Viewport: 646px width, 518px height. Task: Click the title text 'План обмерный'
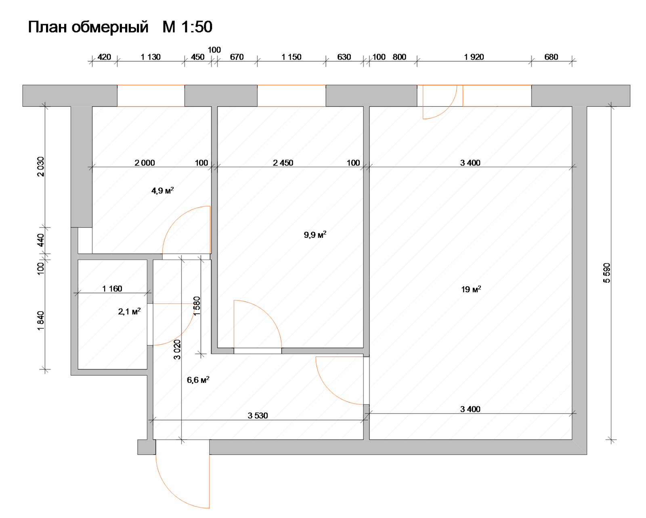88,27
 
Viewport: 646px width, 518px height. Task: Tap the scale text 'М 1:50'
188,27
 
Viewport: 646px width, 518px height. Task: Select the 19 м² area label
471,289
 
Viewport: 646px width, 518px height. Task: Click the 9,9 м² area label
315,235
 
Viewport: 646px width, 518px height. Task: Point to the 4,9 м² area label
162,191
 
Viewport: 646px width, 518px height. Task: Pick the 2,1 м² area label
129,311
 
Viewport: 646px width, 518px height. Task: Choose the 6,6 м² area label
198,380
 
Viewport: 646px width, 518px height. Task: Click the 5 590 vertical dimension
607,273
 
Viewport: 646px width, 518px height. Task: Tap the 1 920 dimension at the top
474,57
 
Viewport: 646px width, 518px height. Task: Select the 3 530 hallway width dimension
258,415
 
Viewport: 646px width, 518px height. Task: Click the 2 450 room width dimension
283,163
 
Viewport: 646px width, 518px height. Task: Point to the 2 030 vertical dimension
40,167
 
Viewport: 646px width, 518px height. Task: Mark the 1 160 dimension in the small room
112,289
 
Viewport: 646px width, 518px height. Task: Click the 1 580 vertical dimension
197,306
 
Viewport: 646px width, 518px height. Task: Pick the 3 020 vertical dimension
177,350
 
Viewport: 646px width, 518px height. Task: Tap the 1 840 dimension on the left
40,321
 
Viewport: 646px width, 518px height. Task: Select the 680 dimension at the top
551,57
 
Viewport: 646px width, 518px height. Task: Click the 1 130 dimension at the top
151,57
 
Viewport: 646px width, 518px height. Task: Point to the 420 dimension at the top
104,57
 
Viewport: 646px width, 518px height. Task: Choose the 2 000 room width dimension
145,163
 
